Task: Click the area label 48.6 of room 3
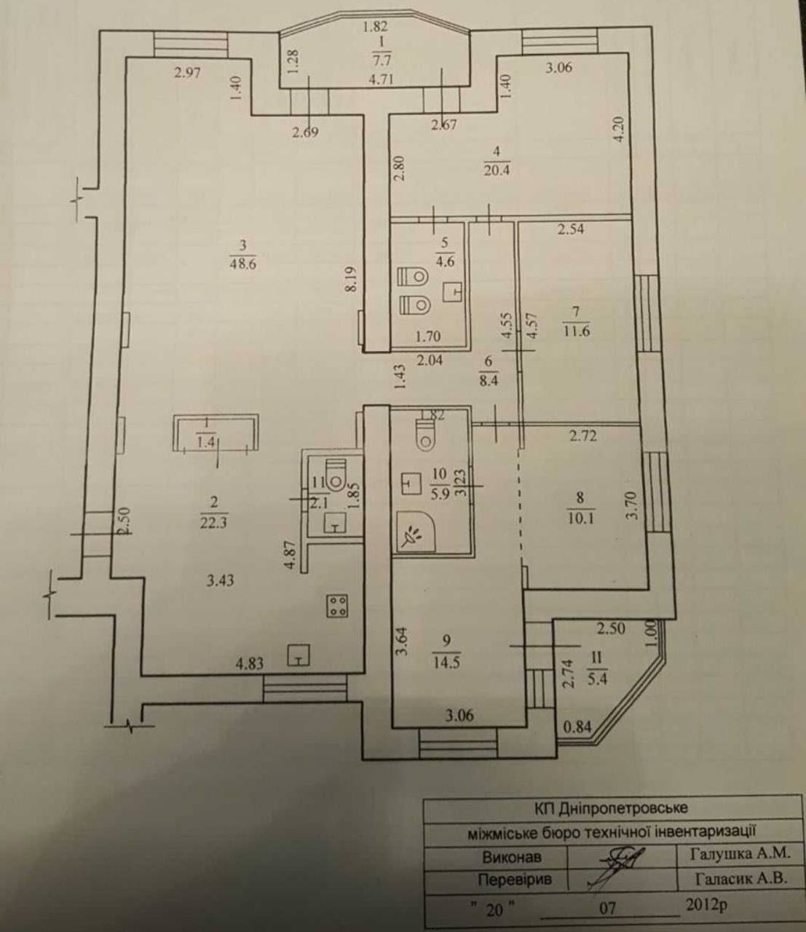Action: click(242, 264)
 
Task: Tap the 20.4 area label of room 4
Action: click(497, 170)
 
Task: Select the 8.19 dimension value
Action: click(352, 279)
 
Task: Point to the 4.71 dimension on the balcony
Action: click(382, 80)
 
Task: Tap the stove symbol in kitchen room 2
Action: click(337, 606)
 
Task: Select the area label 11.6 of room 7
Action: click(577, 331)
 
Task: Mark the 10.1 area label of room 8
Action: click(580, 518)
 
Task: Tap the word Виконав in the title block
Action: click(512, 856)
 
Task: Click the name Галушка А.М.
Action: click(740, 853)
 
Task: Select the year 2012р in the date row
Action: click(706, 904)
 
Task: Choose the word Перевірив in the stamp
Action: click(515, 879)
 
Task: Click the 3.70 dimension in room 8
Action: click(633, 506)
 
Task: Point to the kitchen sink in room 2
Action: click(299, 655)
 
